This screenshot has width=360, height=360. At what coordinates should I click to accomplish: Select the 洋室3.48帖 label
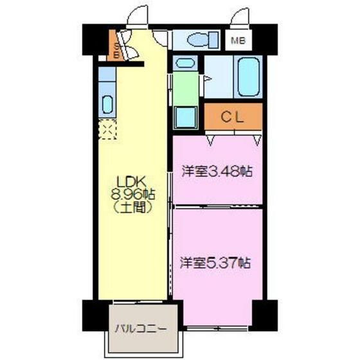tap(216, 172)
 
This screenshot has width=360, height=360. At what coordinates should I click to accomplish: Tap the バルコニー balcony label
tap(140, 330)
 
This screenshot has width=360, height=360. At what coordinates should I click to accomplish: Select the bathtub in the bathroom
tap(248, 77)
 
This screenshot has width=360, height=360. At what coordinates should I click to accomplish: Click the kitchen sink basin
tap(107, 104)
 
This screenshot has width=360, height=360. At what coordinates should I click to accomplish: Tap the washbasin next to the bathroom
tap(184, 64)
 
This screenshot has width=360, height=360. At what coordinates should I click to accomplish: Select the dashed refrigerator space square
tap(107, 130)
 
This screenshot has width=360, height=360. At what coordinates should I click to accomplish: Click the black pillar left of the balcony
tap(94, 314)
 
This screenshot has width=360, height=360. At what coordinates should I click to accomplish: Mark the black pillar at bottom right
tap(264, 314)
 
